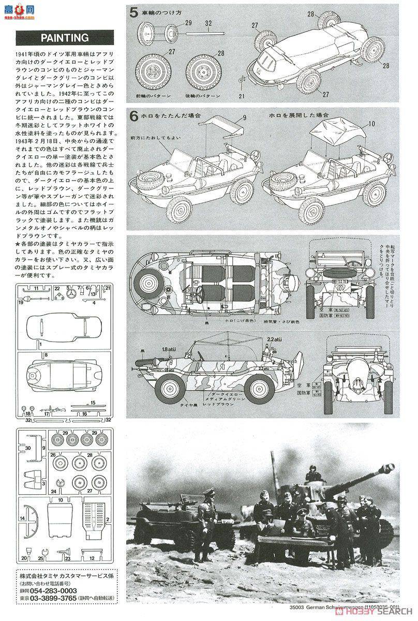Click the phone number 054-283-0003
[52, 591]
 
